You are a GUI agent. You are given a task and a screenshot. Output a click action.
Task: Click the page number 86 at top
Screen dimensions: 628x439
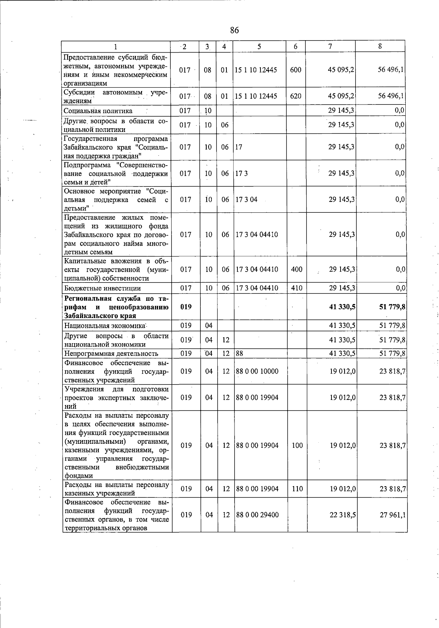(234, 30)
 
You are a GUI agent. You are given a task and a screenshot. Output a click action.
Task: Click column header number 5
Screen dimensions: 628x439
(259, 46)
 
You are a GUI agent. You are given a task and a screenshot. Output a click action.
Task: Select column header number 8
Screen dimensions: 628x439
(380, 46)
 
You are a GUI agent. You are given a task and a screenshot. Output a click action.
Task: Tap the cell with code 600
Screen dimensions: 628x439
(295, 70)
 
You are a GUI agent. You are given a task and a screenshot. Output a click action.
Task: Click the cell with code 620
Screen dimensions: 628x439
(295, 96)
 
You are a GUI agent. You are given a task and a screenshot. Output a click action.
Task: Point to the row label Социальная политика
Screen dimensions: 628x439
(98, 111)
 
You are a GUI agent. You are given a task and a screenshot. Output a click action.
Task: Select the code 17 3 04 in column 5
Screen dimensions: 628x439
(246, 200)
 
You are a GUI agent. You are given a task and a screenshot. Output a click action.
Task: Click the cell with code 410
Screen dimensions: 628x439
(296, 288)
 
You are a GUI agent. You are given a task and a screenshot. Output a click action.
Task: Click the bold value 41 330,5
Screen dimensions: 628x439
(342, 307)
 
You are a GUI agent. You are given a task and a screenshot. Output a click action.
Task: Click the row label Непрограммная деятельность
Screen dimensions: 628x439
(111, 353)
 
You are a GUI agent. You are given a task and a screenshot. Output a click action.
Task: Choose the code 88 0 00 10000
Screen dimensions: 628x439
(257, 371)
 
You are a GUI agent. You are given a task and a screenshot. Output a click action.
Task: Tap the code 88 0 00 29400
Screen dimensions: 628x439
(257, 515)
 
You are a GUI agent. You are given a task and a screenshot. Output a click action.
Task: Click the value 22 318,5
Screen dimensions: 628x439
(343, 515)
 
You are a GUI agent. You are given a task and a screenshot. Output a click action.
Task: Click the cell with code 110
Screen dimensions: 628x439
(297, 489)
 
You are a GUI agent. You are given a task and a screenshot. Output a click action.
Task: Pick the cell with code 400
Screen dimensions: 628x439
(296, 269)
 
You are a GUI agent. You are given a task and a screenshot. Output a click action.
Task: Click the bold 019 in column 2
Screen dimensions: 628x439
(186, 307)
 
